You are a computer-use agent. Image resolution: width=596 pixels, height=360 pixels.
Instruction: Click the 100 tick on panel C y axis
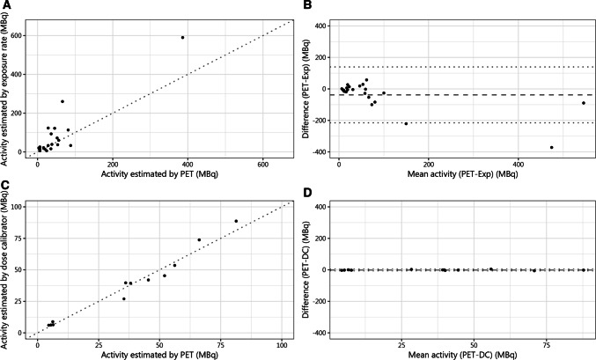[24, 206]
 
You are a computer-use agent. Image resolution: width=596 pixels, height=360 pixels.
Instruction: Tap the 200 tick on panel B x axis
[428, 165]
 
